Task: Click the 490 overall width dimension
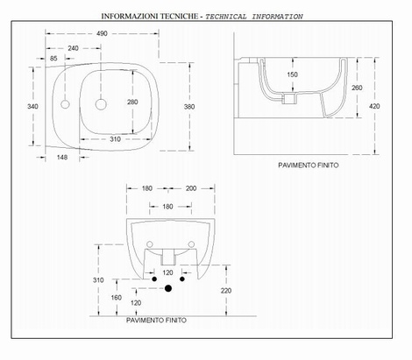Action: tap(102, 33)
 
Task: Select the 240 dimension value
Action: tap(73, 48)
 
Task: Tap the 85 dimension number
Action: tap(53, 59)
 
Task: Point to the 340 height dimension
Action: tap(32, 106)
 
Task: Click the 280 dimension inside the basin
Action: tap(132, 102)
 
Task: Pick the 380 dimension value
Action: tap(189, 107)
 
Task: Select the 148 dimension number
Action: tap(62, 158)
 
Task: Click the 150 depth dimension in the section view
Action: tap(292, 74)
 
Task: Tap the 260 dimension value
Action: tap(357, 88)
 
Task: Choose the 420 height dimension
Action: tap(374, 106)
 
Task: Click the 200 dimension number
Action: tap(191, 188)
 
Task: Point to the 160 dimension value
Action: tap(117, 298)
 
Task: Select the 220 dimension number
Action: tap(226, 291)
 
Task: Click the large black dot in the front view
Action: tap(168, 288)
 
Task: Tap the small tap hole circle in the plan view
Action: tap(65, 104)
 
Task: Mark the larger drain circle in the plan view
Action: tap(101, 104)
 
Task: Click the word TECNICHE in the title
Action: tap(179, 16)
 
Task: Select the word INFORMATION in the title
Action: tap(277, 17)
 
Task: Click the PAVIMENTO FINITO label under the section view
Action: tap(309, 166)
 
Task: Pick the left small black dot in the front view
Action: tap(154, 279)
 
